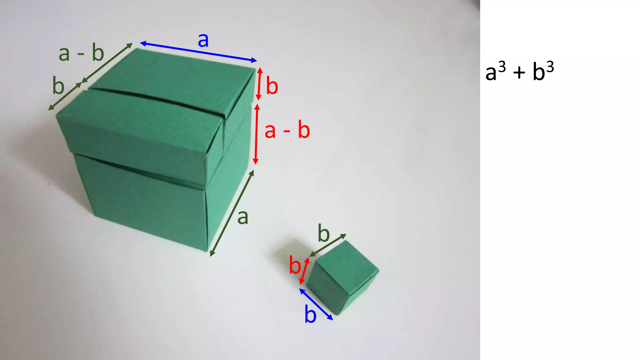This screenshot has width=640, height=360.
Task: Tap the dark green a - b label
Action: coord(81,53)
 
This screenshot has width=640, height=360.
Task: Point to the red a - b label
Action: coord(287,130)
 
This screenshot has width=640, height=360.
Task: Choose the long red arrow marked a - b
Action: coord(256,134)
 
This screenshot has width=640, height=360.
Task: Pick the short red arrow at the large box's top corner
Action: coord(259,84)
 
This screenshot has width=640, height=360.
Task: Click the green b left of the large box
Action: coord(58,86)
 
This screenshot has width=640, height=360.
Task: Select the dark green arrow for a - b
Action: coord(107,63)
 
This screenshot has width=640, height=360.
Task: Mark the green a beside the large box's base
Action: coord(243,217)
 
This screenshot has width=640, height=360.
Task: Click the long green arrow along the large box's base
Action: coord(232,213)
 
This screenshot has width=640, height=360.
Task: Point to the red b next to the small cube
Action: coord(294,265)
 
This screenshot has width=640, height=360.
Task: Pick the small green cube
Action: coord(342,277)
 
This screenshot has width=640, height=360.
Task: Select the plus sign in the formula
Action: coord(519,73)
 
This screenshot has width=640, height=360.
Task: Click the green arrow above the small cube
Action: coord(328,245)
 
